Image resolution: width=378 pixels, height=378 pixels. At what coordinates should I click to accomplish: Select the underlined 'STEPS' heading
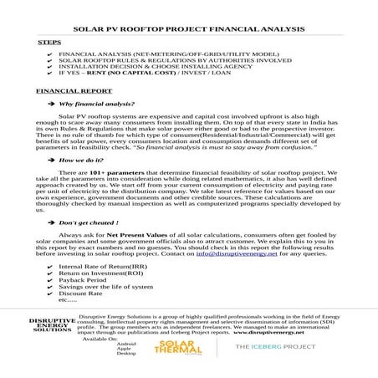(48, 40)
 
